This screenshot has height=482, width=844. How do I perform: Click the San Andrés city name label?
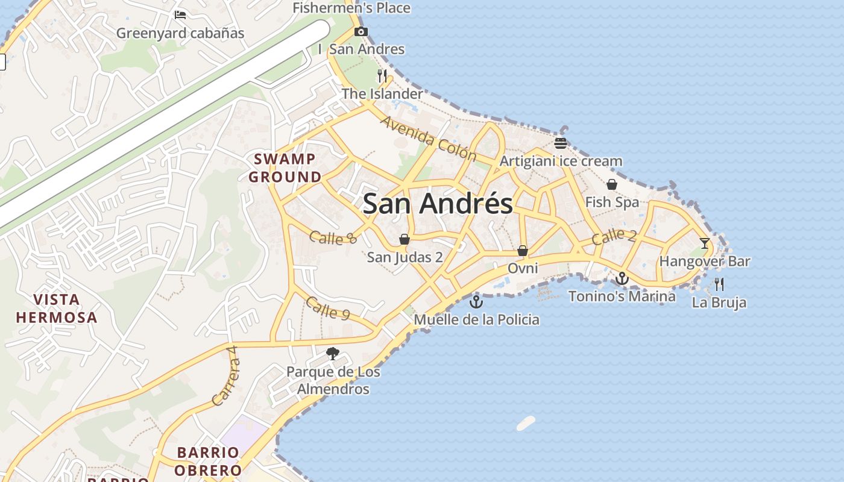(x=438, y=204)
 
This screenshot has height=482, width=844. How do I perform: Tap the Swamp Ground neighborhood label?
(x=285, y=168)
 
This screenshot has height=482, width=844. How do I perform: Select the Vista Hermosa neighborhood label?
(x=57, y=308)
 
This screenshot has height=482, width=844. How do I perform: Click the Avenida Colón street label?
(x=428, y=138)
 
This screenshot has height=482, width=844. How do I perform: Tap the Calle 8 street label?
(x=333, y=237)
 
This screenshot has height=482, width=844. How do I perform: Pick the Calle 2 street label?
(x=614, y=237)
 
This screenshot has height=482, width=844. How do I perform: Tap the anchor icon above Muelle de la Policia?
(x=476, y=301)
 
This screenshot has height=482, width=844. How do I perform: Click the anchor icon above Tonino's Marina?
(x=622, y=278)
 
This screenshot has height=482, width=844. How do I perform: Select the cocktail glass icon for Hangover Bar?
(x=704, y=243)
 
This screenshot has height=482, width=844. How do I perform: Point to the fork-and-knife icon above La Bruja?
(x=719, y=284)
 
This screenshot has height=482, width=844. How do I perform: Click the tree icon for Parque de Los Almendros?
(x=332, y=354)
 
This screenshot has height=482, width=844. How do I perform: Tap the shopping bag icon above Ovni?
(x=523, y=250)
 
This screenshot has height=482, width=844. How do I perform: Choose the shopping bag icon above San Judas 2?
(x=405, y=239)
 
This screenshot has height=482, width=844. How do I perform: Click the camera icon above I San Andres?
(x=361, y=32)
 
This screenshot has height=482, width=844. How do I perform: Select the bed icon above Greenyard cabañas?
(x=180, y=15)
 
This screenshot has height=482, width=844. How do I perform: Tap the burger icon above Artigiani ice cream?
(x=561, y=143)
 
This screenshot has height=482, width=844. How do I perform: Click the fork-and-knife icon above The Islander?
(x=382, y=75)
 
